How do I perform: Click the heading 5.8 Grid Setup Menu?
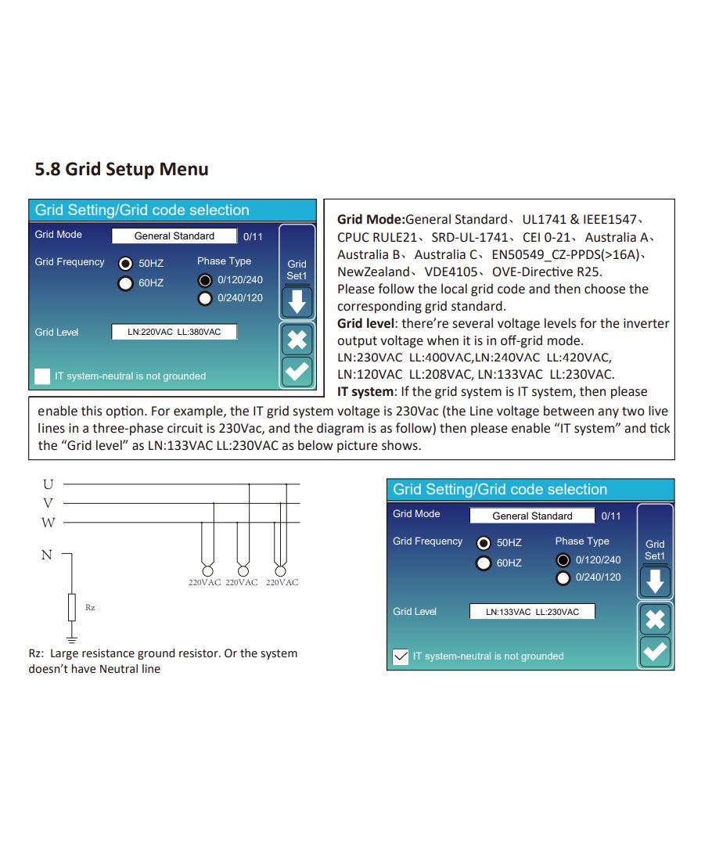coord(121,169)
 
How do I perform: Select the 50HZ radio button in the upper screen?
coord(125,263)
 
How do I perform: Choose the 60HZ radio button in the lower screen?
coord(484,563)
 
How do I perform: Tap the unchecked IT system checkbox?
coord(42,376)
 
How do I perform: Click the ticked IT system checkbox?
coord(400,656)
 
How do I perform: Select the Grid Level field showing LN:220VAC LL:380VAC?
coord(174,332)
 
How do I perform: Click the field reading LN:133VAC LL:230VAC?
coord(532,612)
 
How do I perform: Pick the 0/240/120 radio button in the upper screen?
coord(205,298)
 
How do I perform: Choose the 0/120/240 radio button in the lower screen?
coord(563,560)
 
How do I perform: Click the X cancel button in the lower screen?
coord(655,620)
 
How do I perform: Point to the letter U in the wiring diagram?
coord(48,484)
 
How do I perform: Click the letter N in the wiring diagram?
coord(46,555)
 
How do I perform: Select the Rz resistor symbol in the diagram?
coord(72,606)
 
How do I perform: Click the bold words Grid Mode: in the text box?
coord(371,220)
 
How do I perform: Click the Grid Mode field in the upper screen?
coord(174,236)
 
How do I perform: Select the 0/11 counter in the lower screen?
coord(610,516)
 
